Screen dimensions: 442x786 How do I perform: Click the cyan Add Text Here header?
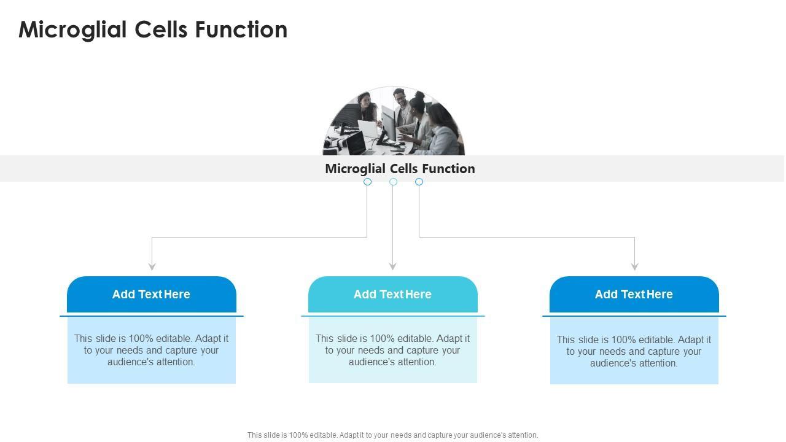[392, 294]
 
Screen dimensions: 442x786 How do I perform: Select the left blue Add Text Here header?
[151, 294]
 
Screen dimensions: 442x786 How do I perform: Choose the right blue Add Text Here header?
[634, 294]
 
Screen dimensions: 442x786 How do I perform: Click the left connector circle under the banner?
[367, 182]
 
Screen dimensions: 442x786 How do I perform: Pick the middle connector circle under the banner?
[393, 182]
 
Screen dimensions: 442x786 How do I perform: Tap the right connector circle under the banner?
[419, 182]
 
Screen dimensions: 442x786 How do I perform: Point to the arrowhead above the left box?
[152, 266]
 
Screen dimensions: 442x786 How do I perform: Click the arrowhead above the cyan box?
[392, 266]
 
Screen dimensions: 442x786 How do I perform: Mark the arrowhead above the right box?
[634, 266]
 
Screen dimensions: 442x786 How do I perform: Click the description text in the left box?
[151, 350]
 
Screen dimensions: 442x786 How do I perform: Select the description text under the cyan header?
[392, 350]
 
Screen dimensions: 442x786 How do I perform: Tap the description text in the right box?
[634, 351]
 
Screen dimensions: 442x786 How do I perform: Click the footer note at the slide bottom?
[392, 435]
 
